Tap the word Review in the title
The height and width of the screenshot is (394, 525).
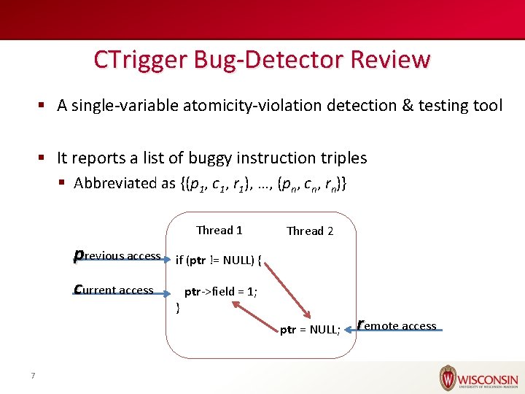(x=394, y=60)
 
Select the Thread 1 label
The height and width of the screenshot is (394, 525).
(x=219, y=231)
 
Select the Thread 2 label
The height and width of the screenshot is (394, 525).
(x=310, y=231)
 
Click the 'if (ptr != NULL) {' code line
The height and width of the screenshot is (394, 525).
(x=219, y=260)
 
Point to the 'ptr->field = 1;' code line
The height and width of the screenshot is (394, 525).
(x=219, y=292)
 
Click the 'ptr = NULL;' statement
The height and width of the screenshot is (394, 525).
(x=310, y=330)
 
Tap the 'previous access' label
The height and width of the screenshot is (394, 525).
(x=117, y=256)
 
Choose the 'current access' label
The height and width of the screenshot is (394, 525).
(x=114, y=290)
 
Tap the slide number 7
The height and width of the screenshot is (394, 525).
(x=33, y=376)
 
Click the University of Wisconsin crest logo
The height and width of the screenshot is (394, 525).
(x=448, y=378)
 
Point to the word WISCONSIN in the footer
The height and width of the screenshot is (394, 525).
(x=489, y=380)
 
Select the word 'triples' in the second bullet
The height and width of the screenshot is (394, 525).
(x=342, y=158)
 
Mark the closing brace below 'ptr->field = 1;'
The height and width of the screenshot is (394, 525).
(x=179, y=307)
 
